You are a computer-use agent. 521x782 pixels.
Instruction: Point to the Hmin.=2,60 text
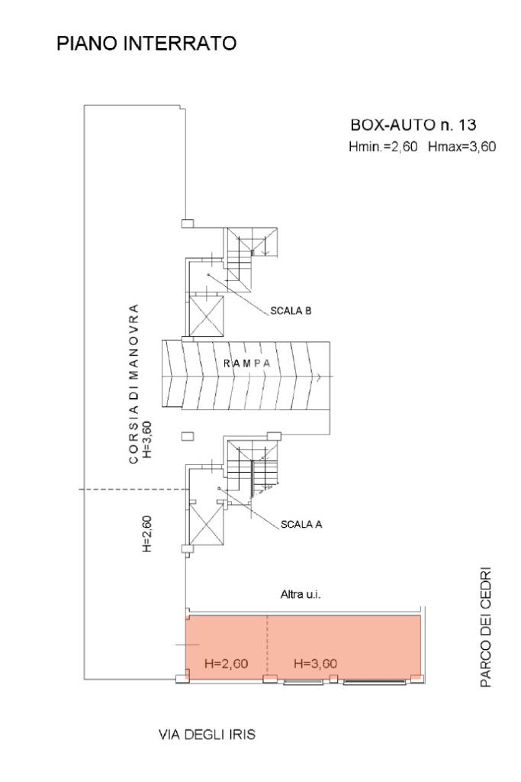coord(382,147)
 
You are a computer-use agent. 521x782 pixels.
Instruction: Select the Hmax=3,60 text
coord(463,147)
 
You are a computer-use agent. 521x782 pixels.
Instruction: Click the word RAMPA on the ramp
coord(247,364)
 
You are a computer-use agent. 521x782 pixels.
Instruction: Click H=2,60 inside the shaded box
coord(227,663)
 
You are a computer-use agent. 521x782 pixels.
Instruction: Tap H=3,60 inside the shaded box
coord(315,663)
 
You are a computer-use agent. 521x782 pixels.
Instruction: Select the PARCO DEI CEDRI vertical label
coord(485,627)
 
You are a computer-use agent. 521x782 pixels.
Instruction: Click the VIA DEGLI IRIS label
coord(206,735)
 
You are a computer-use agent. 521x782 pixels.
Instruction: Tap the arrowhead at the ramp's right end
coord(326,376)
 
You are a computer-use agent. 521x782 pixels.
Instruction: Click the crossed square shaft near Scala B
coord(207,315)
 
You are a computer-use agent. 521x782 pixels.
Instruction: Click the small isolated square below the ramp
coord(187,435)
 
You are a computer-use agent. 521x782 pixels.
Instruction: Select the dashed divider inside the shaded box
coord(267,645)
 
